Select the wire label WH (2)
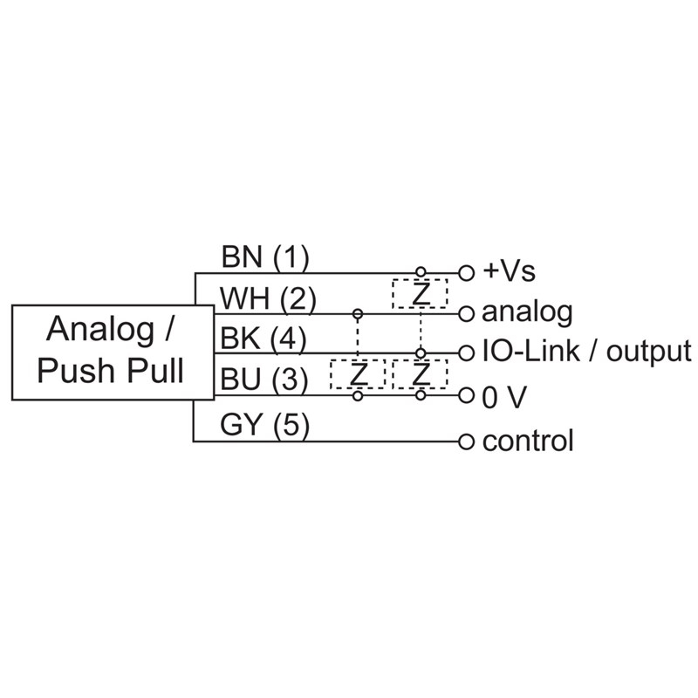tap(267, 299)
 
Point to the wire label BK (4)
tap(263, 339)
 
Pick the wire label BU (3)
tap(263, 380)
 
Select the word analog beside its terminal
tap(527, 311)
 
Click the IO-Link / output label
tap(586, 352)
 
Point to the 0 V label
tap(504, 397)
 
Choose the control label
tap(528, 441)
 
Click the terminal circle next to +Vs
tap(466, 272)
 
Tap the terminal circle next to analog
tap(466, 312)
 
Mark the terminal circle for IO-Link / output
tap(466, 353)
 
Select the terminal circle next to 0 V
tap(466, 396)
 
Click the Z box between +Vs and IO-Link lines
tap(420, 293)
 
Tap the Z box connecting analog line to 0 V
tap(357, 374)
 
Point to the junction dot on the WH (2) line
tap(357, 312)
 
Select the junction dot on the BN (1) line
tap(421, 272)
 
